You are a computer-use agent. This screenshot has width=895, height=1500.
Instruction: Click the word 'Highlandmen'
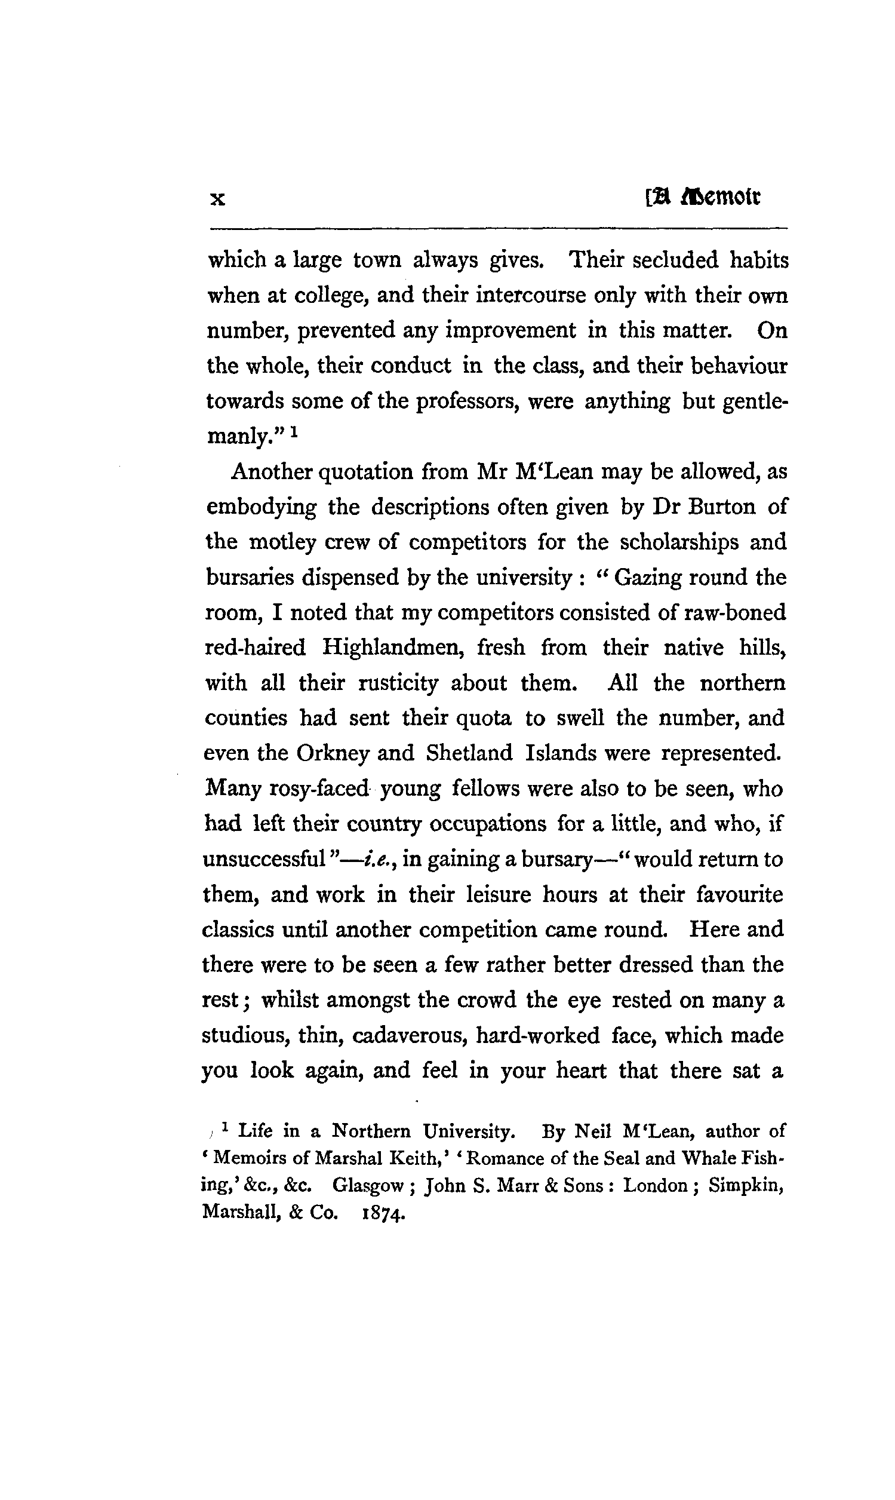tap(393, 648)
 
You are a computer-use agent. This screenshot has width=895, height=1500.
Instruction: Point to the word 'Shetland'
tap(469, 754)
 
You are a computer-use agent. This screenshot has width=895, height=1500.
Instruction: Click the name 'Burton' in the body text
tap(721, 507)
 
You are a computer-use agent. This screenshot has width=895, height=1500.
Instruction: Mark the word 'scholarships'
tap(679, 542)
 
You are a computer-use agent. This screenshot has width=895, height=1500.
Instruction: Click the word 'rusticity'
tap(398, 683)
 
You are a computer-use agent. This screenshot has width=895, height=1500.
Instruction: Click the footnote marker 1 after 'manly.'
tap(294, 431)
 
